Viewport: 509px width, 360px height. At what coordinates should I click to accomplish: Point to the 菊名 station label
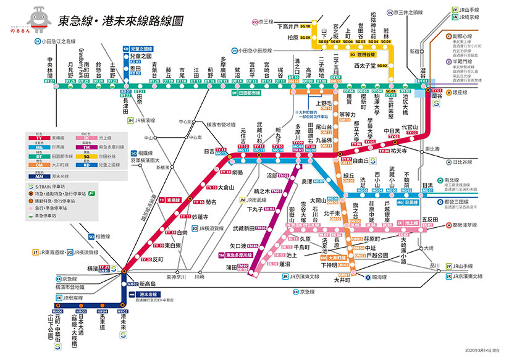click(211, 202)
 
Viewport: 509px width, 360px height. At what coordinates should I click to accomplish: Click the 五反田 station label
click(429, 219)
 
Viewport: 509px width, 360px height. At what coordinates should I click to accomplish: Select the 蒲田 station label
click(232, 267)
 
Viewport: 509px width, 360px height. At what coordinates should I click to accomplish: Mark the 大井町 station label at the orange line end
click(342, 280)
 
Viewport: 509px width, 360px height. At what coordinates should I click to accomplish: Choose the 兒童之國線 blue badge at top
click(138, 48)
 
